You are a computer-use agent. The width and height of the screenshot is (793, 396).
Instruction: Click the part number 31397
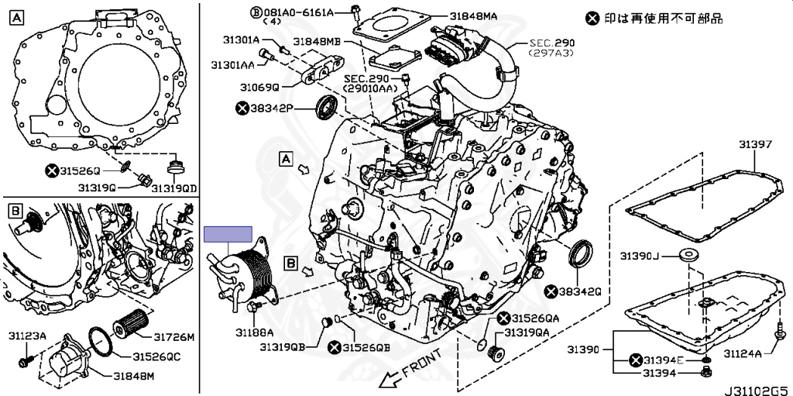754,144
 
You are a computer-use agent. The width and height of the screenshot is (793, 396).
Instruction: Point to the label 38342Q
578,291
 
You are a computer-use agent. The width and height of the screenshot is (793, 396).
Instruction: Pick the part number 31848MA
475,15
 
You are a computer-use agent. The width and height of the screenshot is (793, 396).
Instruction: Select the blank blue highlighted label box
228,234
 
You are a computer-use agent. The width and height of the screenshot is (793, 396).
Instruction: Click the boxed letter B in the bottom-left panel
14,210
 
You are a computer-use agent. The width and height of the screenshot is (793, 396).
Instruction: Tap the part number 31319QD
174,188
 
